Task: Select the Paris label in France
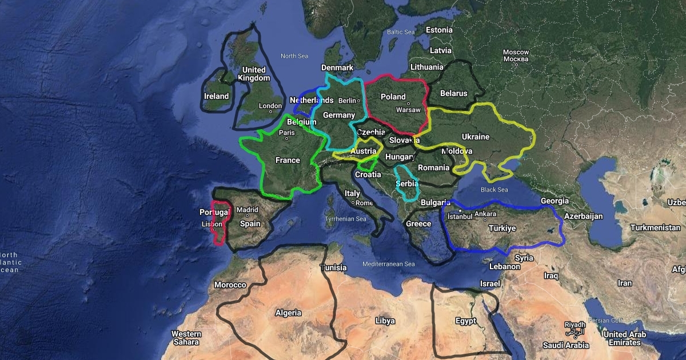(286, 133)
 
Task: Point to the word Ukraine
(476, 137)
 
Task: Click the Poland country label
(393, 97)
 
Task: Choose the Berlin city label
(347, 101)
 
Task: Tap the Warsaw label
(408, 110)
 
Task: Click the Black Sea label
(494, 190)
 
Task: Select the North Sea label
(294, 56)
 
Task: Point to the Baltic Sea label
(400, 33)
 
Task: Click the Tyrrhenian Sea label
(345, 219)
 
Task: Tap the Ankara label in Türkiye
(485, 214)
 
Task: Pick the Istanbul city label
(460, 217)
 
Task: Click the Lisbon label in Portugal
(212, 225)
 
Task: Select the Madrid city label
(248, 210)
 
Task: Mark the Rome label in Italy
(364, 203)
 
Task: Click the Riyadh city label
(575, 324)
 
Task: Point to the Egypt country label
(466, 321)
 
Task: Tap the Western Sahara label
(186, 338)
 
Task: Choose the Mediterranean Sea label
(389, 264)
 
